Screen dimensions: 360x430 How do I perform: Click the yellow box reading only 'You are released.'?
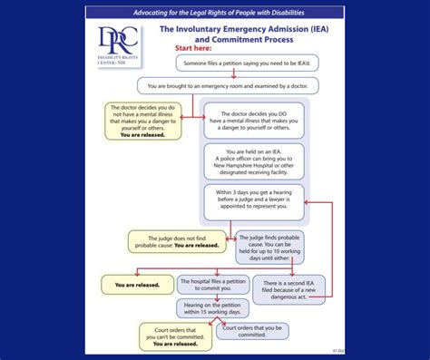pos(137,285)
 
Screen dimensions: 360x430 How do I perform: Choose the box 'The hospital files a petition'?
pos(212,285)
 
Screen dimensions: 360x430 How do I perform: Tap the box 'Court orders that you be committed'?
pos(249,331)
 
